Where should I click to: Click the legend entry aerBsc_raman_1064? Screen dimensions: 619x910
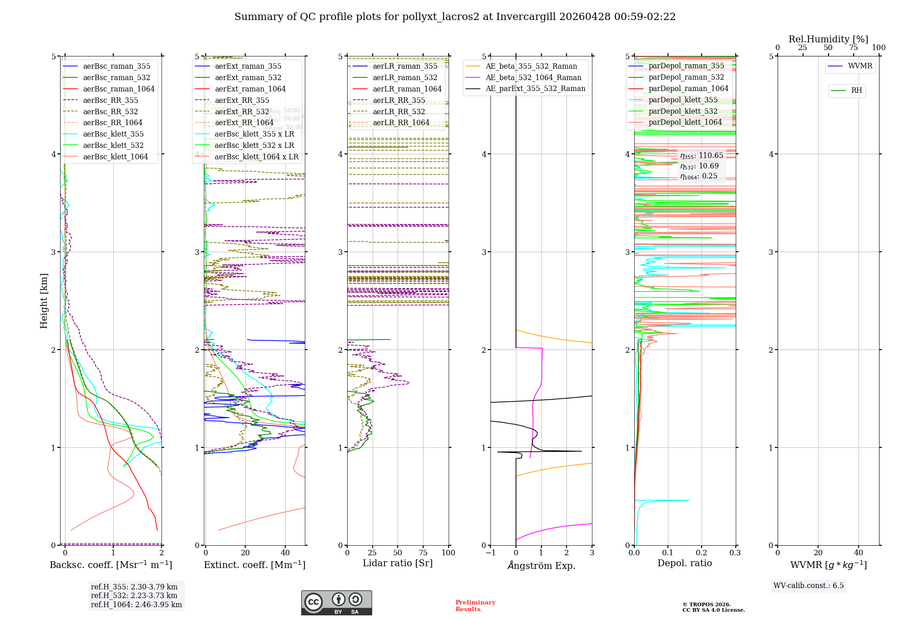119,89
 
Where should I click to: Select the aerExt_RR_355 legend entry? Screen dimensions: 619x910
242,100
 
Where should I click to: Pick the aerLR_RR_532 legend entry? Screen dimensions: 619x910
399,112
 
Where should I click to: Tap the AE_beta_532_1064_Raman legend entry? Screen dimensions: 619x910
533,77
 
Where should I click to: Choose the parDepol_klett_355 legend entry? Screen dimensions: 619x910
683,100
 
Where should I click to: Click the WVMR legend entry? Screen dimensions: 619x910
860,66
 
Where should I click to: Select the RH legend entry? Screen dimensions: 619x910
856,91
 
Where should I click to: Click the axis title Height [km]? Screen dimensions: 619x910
44,301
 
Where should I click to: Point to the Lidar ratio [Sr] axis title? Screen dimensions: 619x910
397,563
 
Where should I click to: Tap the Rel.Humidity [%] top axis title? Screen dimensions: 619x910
828,39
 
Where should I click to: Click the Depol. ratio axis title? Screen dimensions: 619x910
684,563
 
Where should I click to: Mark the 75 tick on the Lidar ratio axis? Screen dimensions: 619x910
423,553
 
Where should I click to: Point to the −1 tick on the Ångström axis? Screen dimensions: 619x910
490,553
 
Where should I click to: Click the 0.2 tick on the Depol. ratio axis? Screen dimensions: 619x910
702,553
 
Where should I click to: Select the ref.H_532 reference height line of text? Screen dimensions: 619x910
134,595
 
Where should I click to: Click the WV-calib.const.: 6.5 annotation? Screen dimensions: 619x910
809,585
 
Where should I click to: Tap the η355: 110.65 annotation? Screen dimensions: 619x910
701,156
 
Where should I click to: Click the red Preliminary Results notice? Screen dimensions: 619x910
475,605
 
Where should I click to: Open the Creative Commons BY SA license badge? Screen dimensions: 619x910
336,603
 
